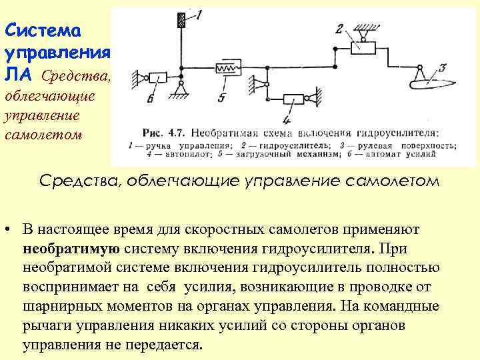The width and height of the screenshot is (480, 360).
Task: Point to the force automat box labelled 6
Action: [x=157, y=77]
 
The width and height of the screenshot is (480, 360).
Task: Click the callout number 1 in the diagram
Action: [x=199, y=13]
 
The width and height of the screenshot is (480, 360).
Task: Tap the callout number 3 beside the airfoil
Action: [x=441, y=69]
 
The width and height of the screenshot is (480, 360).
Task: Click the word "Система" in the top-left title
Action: [x=42, y=31]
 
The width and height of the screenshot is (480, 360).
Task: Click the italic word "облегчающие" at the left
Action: [x=50, y=95]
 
